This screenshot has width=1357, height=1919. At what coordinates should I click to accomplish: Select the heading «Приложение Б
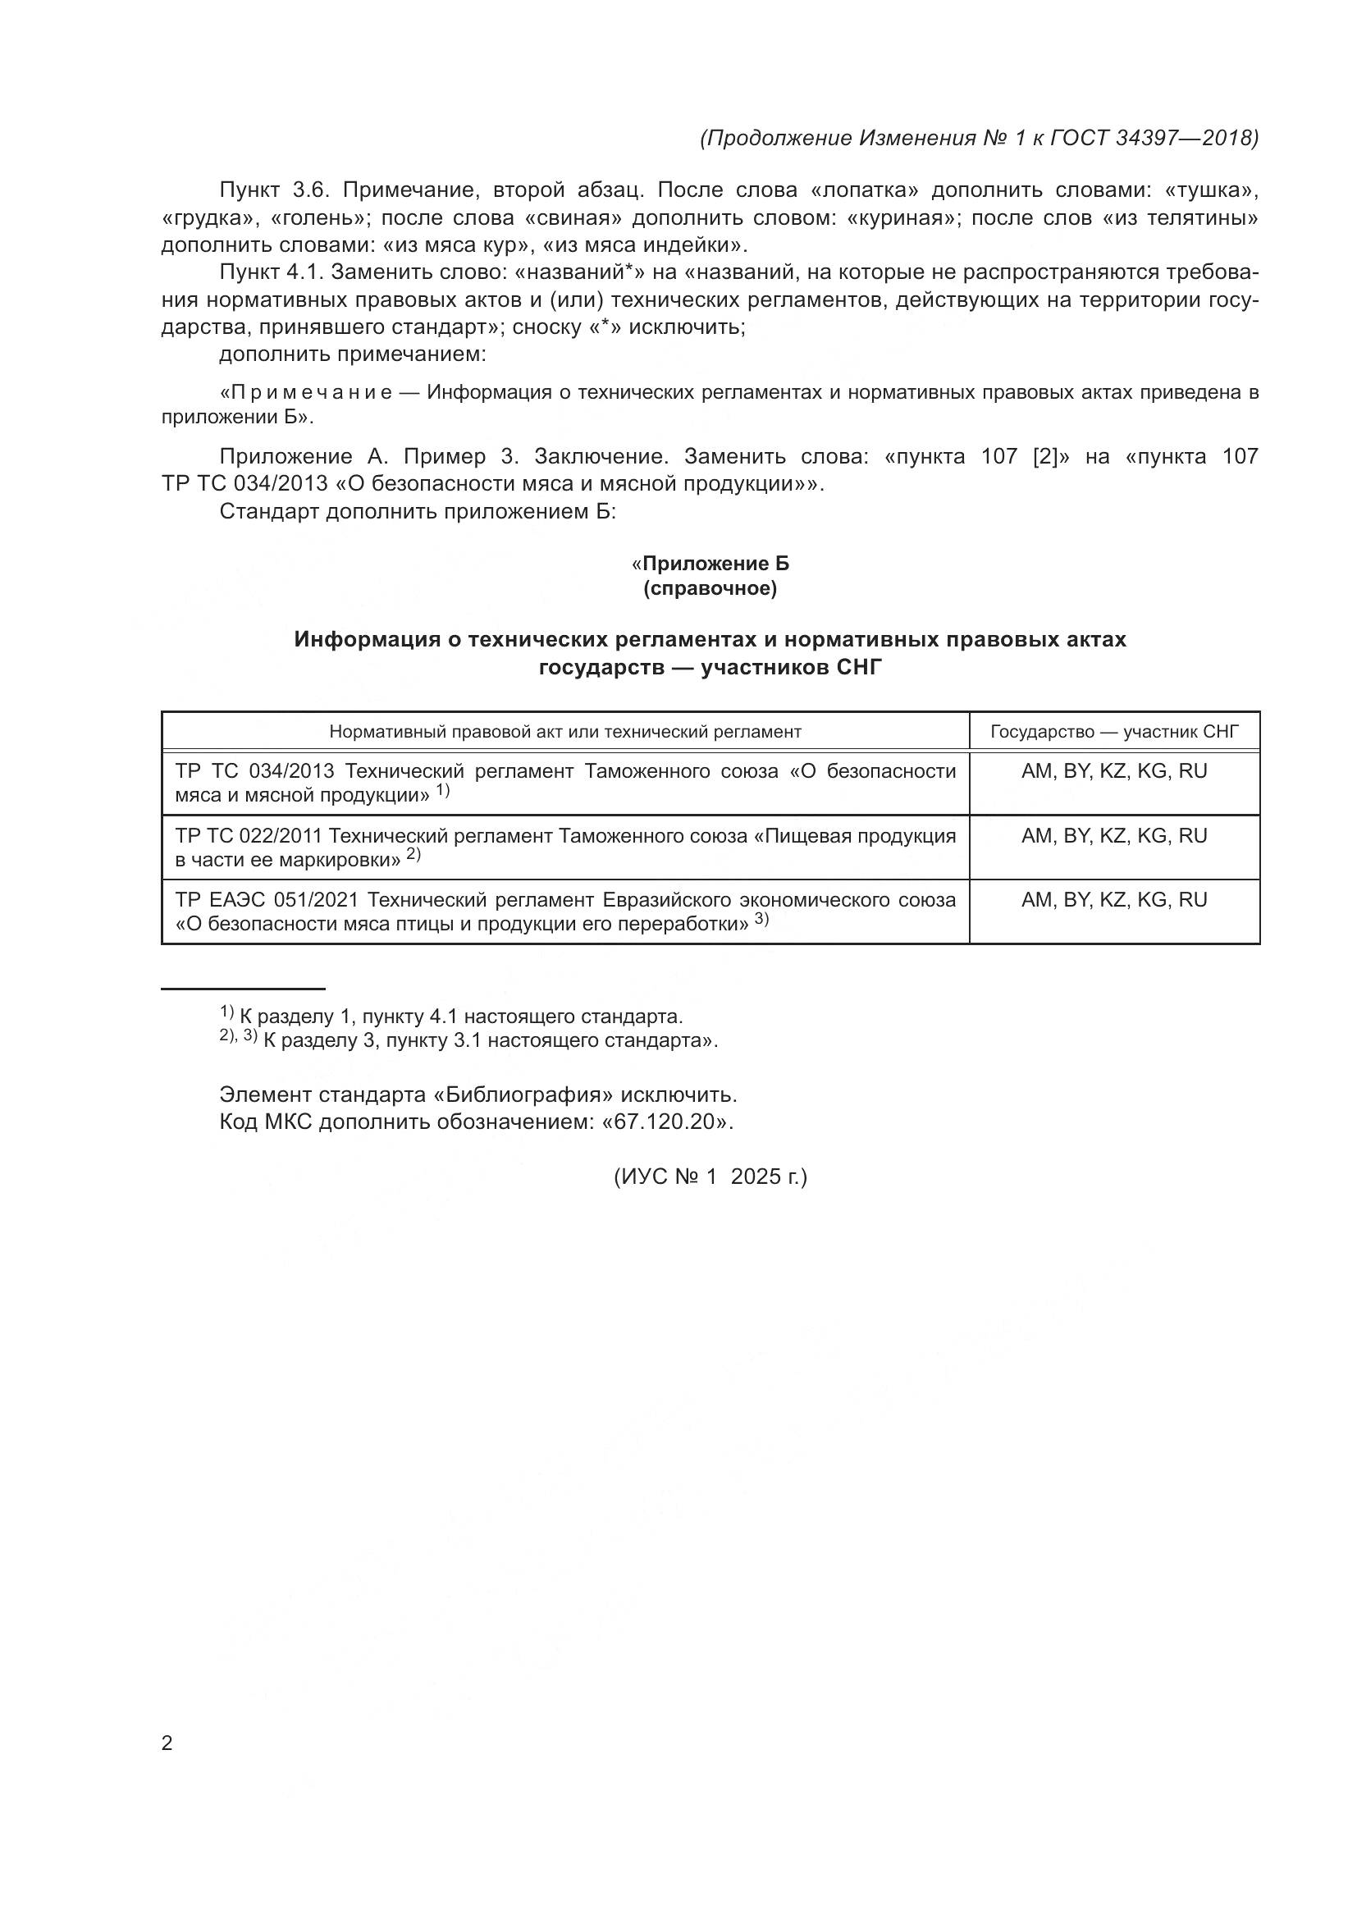pyautogui.click(x=710, y=564)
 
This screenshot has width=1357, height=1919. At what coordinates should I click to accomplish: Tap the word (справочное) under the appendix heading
pyautogui.click(x=710, y=589)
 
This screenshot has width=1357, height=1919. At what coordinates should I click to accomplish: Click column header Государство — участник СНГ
pyautogui.click(x=1114, y=732)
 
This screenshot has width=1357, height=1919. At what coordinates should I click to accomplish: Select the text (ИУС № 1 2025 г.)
pyautogui.click(x=710, y=1177)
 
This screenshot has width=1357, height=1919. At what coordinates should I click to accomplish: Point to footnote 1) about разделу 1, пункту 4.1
pyautogui.click(x=451, y=1017)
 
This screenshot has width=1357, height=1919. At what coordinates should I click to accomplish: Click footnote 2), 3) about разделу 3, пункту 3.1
pyautogui.click(x=468, y=1040)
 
